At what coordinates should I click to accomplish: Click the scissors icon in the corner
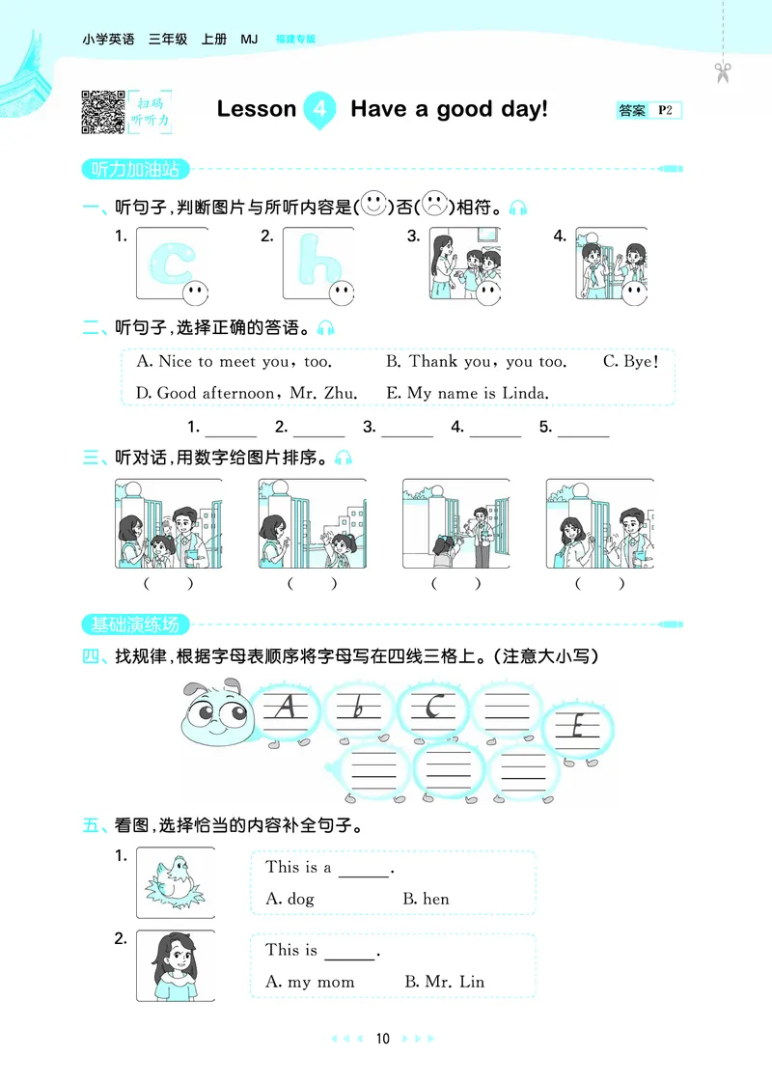(723, 71)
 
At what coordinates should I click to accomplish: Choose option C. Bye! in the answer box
(631, 362)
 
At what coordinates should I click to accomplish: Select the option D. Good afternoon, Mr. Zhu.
(247, 393)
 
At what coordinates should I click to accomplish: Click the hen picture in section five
(176, 883)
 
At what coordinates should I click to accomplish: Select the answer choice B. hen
(426, 899)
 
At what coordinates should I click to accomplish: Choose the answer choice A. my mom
(310, 982)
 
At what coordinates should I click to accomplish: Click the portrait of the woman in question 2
(176, 965)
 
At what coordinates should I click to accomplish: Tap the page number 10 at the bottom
(383, 1039)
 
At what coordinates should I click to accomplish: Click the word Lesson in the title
(257, 109)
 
